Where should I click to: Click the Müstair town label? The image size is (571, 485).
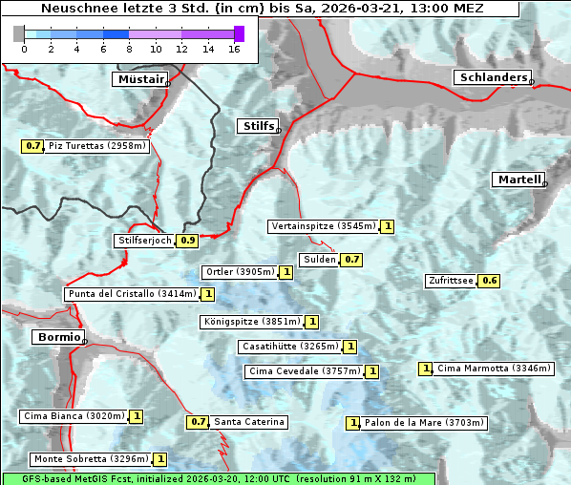(139, 79)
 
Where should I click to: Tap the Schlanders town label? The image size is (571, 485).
(492, 77)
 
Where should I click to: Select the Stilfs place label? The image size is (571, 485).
(257, 126)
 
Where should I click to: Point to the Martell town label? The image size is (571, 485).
(518, 179)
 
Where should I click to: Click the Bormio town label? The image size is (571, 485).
(57, 337)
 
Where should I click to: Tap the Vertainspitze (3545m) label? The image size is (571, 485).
(324, 226)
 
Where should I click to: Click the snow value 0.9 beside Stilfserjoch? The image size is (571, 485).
(188, 241)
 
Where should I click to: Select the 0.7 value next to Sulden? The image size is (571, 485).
(352, 259)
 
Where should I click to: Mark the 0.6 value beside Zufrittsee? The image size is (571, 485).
(489, 280)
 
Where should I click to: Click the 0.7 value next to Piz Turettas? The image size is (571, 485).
(33, 146)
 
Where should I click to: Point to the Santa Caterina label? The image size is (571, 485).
(249, 422)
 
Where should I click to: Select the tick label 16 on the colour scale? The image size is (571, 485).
(233, 50)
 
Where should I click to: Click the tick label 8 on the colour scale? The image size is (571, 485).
(129, 50)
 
